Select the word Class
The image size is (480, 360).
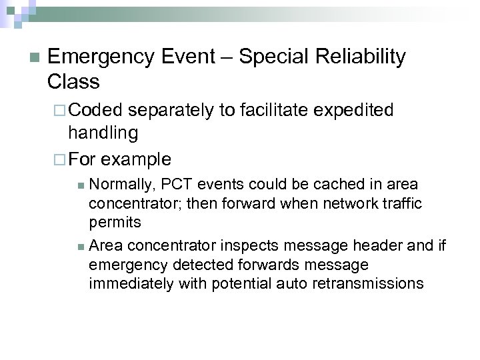[73, 82]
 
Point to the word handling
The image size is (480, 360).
[103, 133]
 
